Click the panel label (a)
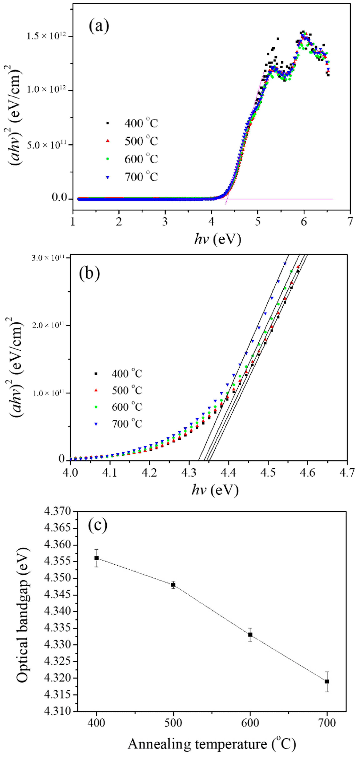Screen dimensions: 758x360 point(99,26)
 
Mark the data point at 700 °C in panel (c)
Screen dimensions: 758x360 point(327,682)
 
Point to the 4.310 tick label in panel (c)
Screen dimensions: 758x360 point(58,712)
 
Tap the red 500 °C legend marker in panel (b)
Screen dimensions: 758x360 point(96,390)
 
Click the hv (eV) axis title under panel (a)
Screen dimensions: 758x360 point(218,239)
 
